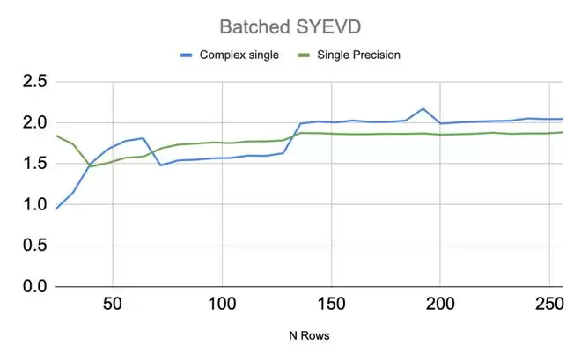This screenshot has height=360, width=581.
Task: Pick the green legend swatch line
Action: pos(307,55)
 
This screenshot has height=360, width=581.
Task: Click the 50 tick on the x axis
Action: pos(112,305)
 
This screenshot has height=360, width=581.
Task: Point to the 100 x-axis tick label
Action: pos(222,305)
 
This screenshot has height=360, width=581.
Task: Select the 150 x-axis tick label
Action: pos(331,305)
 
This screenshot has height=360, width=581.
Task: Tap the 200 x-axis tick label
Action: pos(440,305)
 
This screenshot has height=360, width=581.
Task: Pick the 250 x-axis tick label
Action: pos(549,305)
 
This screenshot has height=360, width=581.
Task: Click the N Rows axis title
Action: pos(309,335)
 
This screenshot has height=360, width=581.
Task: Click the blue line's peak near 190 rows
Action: pos(423,108)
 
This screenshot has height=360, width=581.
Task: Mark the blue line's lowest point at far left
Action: pos(57,209)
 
